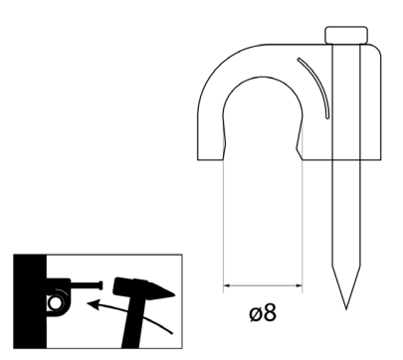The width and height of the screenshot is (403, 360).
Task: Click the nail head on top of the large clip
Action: point(346,35)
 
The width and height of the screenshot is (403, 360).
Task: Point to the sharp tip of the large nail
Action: point(346,309)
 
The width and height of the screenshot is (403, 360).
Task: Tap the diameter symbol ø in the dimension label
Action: point(256,313)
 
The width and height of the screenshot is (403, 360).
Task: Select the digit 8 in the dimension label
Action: point(270,312)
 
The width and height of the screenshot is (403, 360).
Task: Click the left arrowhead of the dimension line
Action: point(227,285)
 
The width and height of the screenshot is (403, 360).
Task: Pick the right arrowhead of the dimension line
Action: point(299,285)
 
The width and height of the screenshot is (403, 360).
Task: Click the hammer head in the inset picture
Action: point(142,287)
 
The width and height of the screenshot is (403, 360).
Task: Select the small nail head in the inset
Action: point(101,285)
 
